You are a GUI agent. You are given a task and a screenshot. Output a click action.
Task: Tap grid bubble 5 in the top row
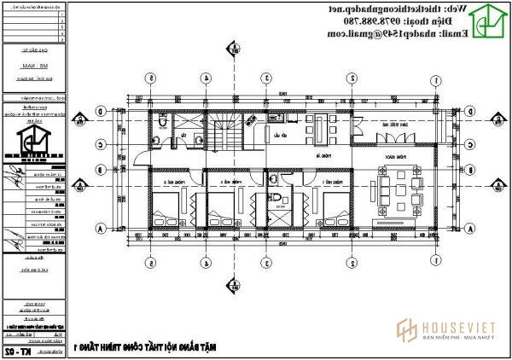tap(151, 79)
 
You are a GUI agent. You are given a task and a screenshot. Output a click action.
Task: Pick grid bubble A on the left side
tap(101, 229)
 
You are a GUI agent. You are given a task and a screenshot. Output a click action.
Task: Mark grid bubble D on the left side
tap(101, 111)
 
